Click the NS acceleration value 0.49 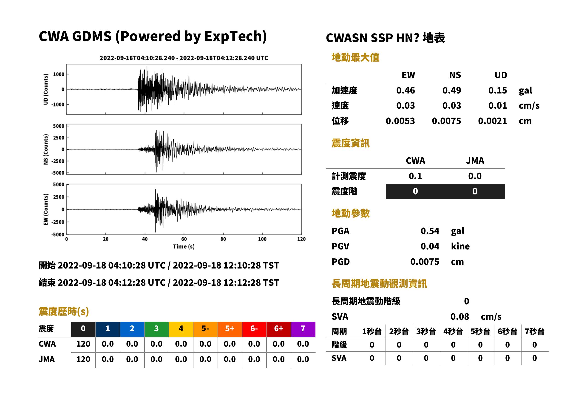(451, 90)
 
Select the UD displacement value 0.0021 (492, 121)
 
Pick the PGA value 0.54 (430, 231)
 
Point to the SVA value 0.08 (460, 317)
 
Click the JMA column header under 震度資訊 (475, 161)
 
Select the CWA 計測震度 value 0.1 (415, 176)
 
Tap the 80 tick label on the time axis (223, 239)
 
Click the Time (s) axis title (184, 247)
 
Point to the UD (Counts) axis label (46, 89)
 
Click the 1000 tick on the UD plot (59, 74)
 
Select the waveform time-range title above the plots (184, 58)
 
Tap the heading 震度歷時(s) (64, 311)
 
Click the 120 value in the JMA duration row (83, 359)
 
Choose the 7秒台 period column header (534, 332)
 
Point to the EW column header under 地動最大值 (408, 75)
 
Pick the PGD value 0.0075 (425, 262)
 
